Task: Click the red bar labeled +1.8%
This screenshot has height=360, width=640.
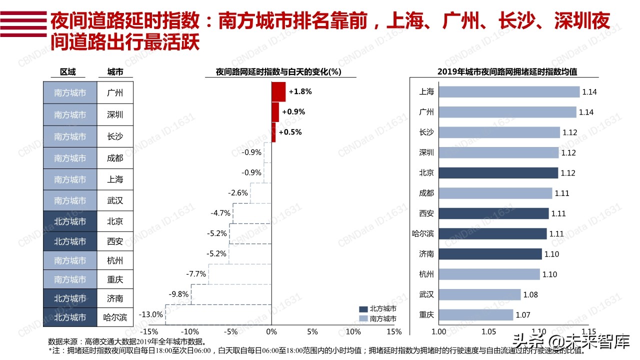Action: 278,92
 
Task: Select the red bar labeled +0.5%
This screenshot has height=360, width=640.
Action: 273,132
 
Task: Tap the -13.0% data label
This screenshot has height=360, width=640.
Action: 150,314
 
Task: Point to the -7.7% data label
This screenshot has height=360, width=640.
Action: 196,274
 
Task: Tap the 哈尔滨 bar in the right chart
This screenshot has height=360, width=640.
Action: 492,233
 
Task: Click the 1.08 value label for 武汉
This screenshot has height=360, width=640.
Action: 530,294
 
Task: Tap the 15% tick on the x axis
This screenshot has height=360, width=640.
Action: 394,331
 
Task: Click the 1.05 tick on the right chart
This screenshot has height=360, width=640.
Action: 488,331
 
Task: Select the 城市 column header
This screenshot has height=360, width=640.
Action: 115,72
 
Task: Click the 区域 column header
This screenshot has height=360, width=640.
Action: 68,72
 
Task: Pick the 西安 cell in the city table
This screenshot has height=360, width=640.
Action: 115,241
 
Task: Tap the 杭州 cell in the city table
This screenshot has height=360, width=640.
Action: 115,260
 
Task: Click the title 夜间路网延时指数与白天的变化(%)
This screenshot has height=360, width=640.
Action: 278,71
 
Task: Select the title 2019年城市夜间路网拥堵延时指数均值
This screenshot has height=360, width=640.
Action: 507,71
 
